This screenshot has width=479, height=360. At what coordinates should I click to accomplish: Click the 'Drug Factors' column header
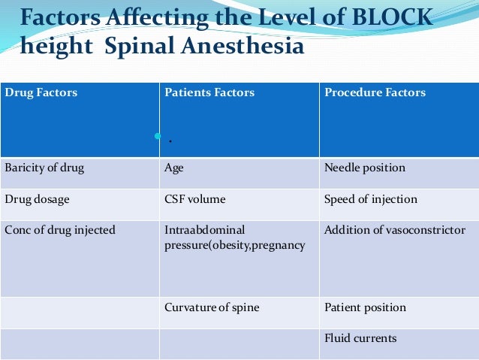pyautogui.click(x=41, y=93)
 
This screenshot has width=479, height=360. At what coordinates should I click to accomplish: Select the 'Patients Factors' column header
pyautogui.click(x=209, y=93)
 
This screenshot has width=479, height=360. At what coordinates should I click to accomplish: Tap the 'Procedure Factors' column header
pyautogui.click(x=375, y=93)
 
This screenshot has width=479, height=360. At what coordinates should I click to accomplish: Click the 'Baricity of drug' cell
pyautogui.click(x=44, y=168)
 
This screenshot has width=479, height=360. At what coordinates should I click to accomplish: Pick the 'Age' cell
pyautogui.click(x=173, y=168)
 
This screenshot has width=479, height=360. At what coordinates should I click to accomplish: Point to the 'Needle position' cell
pyautogui.click(x=364, y=168)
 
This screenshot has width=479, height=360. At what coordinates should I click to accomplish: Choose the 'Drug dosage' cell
pyautogui.click(x=37, y=200)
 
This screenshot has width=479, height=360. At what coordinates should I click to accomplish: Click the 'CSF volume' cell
pyautogui.click(x=194, y=200)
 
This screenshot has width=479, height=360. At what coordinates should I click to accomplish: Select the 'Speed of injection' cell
pyautogui.click(x=370, y=200)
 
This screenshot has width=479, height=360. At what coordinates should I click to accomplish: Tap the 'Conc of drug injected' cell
pyautogui.click(x=60, y=230)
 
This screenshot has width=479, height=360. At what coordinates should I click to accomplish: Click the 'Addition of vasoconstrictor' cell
pyautogui.click(x=394, y=230)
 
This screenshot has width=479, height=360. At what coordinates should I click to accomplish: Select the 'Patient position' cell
pyautogui.click(x=365, y=307)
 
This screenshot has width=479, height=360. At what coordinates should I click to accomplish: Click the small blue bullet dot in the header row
pyautogui.click(x=158, y=136)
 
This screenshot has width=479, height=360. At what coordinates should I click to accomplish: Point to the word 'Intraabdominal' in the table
pyautogui.click(x=204, y=230)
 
